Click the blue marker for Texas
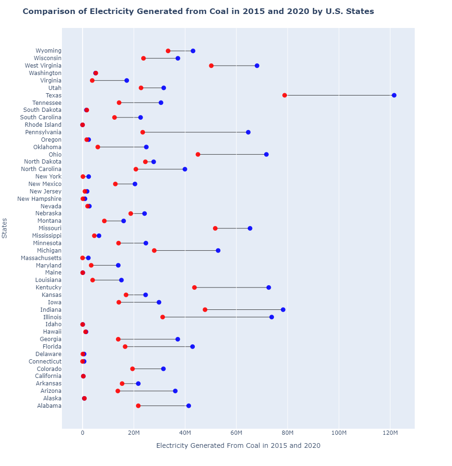pos(394,95)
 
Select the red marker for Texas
pos(285,95)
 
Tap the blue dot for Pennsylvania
pos(248,132)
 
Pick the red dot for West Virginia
pos(211,66)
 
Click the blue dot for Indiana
pos(283,309)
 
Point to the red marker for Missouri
pos(215,228)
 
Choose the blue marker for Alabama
pos(188,406)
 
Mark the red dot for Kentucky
pos(194,288)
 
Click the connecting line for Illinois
pos(217,317)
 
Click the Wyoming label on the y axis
pos(48,51)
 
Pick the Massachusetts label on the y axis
pos(41,258)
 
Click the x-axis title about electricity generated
pos(238,446)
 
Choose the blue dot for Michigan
pos(218,251)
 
